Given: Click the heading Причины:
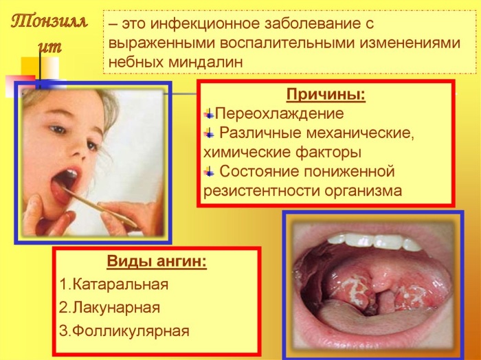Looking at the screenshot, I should click(326, 94).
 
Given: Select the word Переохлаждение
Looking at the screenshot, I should click(279, 113).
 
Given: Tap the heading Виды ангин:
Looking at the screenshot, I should click(157, 262).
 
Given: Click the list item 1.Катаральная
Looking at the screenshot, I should click(113, 284).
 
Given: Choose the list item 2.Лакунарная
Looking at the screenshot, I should click(109, 307).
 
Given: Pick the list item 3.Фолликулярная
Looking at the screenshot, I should click(124, 330).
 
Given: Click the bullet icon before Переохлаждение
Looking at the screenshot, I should click(209, 112).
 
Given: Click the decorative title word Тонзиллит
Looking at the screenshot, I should click(49, 31).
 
